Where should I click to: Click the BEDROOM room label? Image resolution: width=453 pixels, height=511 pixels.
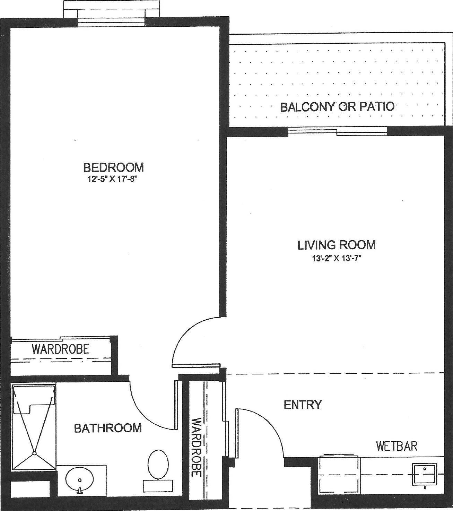click(x=113, y=167)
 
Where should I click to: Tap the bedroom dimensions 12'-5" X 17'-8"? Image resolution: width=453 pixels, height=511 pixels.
click(x=113, y=179)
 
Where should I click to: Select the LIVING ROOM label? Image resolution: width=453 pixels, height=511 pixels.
click(x=337, y=245)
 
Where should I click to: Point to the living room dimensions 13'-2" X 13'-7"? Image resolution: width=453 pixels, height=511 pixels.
click(x=337, y=259)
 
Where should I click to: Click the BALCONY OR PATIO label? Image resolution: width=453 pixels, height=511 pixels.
click(x=337, y=107)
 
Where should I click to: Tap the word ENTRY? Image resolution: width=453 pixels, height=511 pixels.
click(x=303, y=405)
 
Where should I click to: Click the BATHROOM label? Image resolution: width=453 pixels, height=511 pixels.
click(x=108, y=428)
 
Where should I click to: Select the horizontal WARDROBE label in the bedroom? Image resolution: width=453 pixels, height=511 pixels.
click(x=61, y=349)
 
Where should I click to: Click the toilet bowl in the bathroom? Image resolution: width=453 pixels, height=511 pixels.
click(x=158, y=464)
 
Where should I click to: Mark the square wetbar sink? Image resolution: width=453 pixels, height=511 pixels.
click(x=425, y=474)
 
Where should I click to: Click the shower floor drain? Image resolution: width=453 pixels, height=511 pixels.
click(x=34, y=453)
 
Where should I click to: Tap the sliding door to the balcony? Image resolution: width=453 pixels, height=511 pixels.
click(x=337, y=131)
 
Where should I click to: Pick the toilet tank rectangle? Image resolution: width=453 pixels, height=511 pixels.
click(x=158, y=486)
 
